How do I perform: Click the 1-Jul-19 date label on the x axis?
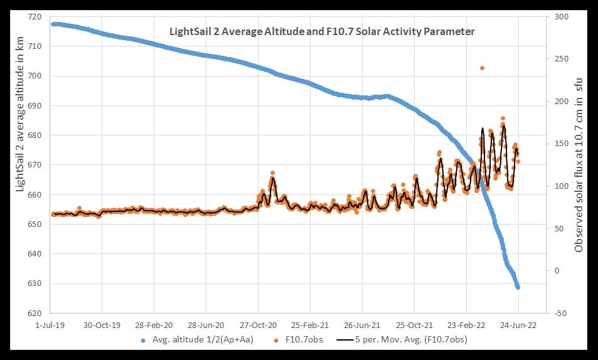50,326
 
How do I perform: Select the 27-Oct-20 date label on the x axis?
258,326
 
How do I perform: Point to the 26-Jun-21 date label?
362,326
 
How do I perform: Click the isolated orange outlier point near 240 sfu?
482,68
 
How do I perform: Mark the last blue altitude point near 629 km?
518,287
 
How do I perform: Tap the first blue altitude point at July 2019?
53,24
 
